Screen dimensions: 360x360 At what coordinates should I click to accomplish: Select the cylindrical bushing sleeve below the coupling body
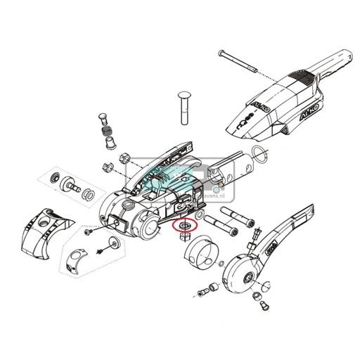point(205,253)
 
